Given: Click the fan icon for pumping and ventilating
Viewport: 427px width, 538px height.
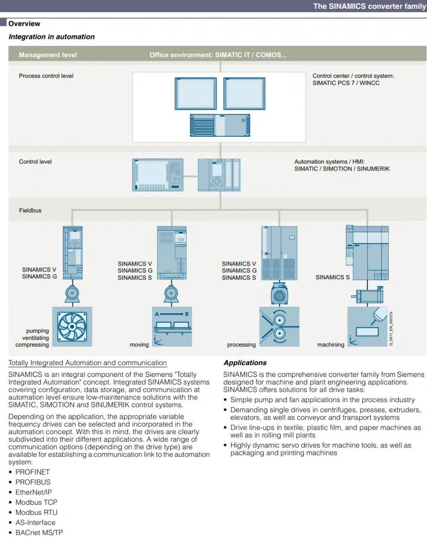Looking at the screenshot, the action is point(72,327).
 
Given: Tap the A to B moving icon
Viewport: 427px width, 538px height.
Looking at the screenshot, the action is point(172,327).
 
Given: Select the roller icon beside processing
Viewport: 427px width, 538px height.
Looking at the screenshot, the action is point(279,327).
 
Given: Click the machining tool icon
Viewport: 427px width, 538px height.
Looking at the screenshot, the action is point(367,327).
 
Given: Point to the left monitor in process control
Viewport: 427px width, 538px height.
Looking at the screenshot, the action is point(196,93).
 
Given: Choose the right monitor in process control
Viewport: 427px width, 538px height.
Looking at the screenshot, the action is point(244,93).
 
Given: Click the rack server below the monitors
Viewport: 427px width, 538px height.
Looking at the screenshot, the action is point(220,125).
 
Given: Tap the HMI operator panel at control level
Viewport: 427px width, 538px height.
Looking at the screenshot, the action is point(158,175).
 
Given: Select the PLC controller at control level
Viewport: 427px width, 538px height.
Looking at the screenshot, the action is point(219,175).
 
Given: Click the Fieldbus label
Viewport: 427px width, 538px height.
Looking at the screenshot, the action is point(30,210).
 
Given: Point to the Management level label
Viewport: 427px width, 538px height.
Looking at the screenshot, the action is point(48,55).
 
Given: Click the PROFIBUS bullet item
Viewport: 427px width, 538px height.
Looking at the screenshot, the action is point(33,482).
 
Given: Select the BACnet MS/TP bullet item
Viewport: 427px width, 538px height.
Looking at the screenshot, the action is point(39,532).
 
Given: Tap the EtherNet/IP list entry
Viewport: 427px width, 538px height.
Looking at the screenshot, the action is point(34,492).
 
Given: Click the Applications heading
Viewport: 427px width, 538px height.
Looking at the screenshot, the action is point(245,362).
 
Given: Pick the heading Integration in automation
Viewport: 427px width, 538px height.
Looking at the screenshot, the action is point(52,37).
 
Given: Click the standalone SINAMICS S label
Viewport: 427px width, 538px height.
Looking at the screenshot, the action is point(333,277).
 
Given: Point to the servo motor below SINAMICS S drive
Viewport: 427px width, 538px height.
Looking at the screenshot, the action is point(367,295).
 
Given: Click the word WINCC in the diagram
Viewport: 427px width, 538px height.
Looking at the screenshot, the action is point(369,83).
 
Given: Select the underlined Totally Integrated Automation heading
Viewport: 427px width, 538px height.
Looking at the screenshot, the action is point(88,363).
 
